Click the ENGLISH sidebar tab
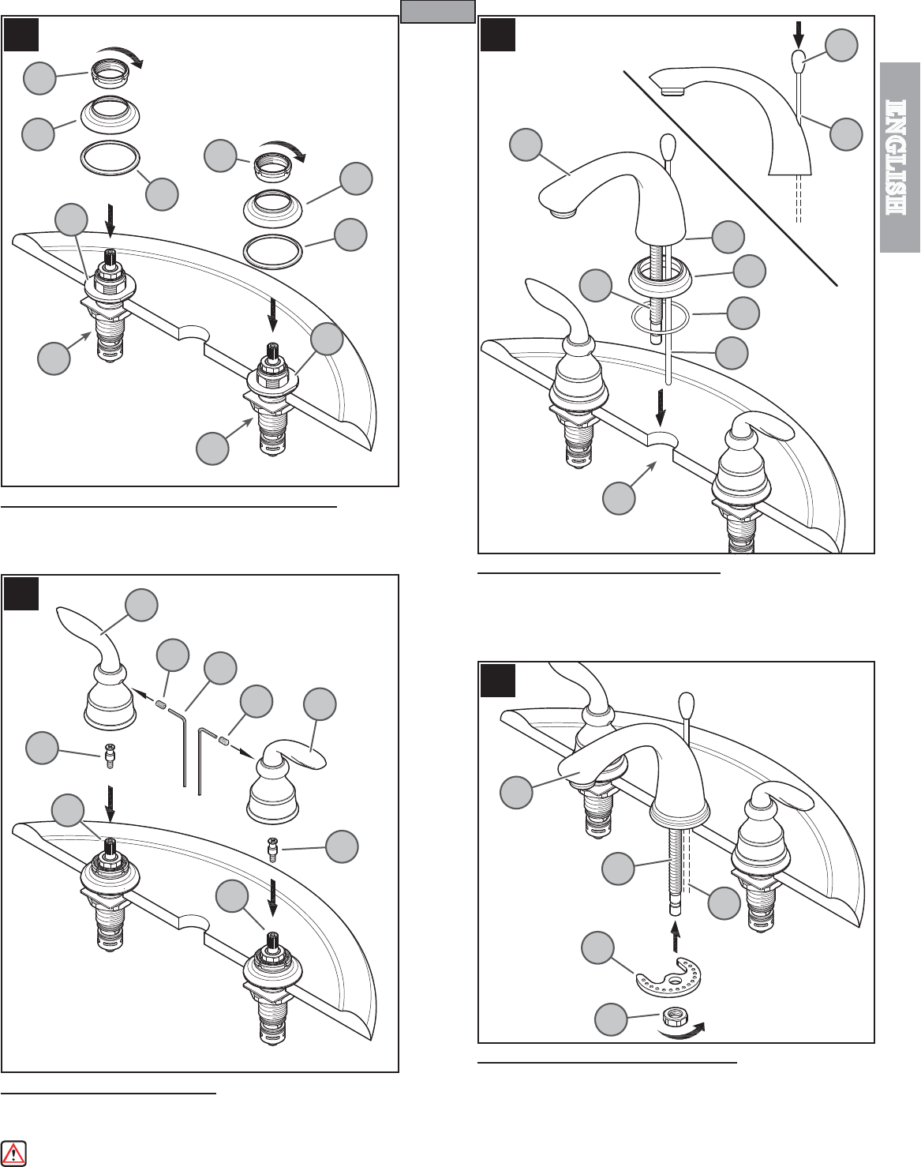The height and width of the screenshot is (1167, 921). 900,157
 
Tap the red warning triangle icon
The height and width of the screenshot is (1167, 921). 13,1152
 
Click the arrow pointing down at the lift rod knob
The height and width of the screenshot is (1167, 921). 798,34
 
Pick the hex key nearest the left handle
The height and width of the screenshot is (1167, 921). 178,745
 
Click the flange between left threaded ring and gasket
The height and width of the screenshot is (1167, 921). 110,115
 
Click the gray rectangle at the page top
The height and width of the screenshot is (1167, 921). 438,11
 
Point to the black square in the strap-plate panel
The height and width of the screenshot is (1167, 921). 498,680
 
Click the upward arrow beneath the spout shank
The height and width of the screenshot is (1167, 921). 675,936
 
